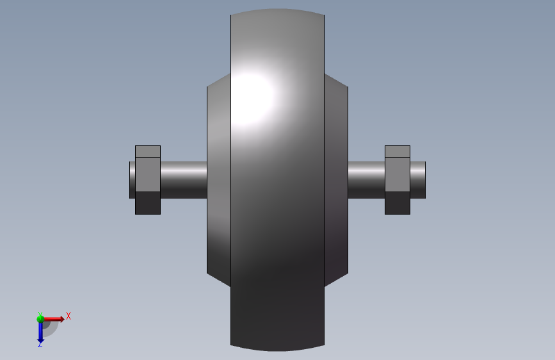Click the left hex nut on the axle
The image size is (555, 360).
[148, 180]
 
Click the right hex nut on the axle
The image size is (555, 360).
[398, 180]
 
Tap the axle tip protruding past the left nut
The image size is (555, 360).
[132, 180]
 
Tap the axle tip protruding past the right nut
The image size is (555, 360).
[417, 180]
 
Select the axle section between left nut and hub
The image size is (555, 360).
[184, 180]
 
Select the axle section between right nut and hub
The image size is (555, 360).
[366, 180]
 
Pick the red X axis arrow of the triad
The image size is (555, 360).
[53, 319]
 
